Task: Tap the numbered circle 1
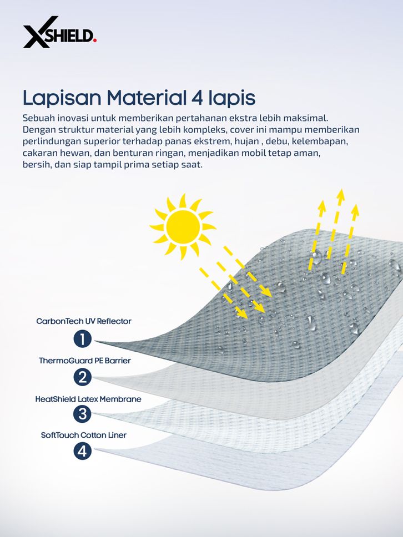pos(82,339)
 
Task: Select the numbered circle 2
pos(82,377)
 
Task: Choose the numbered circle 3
pos(82,414)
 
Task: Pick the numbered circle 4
pos(82,450)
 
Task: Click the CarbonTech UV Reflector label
pos(84,321)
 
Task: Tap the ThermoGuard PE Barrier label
pos(84,361)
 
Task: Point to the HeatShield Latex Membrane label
pos(88,399)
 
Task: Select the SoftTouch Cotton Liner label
pos(84,435)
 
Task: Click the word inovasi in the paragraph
pos(70,118)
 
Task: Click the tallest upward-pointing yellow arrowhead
pos(340,195)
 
